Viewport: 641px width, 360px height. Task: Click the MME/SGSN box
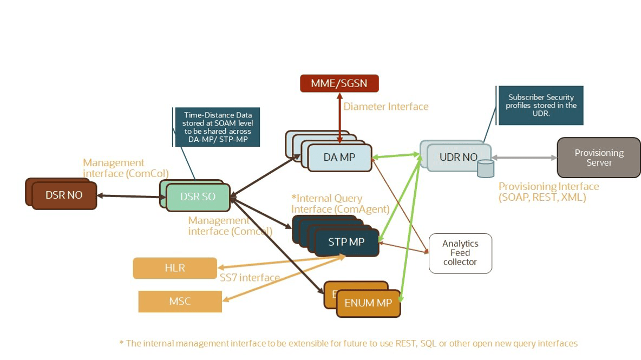coord(339,83)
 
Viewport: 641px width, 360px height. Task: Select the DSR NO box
coord(64,195)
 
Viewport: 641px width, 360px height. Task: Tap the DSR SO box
coord(198,197)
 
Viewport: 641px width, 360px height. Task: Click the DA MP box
coord(339,158)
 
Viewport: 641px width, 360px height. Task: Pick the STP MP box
coord(346,242)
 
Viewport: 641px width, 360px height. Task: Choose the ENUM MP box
coord(368,303)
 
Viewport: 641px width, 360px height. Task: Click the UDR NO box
coord(459,158)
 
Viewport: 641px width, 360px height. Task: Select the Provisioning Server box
coord(599,158)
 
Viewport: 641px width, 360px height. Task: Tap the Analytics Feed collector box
coord(460,253)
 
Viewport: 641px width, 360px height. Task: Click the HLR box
coord(175,268)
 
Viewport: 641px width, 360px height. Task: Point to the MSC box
coord(180,302)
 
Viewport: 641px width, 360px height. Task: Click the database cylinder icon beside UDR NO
coord(486,168)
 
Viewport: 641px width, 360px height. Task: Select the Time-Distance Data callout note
coord(217,127)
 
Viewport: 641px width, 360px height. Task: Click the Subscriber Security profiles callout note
coord(540,105)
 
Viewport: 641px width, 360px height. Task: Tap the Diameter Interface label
coord(386,107)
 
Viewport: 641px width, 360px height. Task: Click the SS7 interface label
coord(250,278)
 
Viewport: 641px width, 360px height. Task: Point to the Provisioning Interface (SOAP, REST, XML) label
coord(548,192)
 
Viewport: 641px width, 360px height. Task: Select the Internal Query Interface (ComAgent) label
coord(340,204)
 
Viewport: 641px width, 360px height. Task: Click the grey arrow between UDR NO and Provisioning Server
coord(524,158)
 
